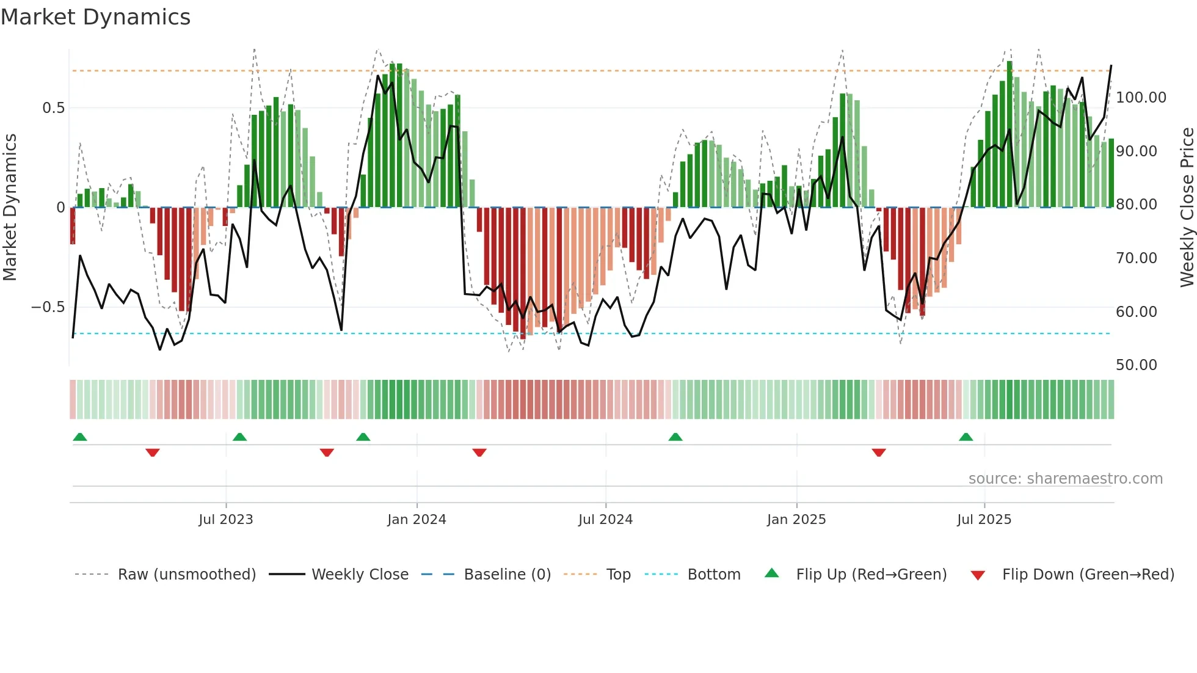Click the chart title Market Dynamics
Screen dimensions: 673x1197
tap(95, 17)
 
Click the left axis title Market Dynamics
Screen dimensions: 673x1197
tap(10, 208)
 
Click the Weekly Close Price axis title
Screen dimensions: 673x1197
tap(1187, 208)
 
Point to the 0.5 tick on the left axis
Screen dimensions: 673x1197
tap(53, 108)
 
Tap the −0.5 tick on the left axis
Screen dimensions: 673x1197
tap(48, 307)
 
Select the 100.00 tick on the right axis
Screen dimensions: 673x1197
tap(1141, 98)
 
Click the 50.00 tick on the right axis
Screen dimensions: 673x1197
tap(1136, 365)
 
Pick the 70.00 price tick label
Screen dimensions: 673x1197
tap(1136, 258)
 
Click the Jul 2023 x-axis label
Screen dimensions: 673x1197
tap(225, 520)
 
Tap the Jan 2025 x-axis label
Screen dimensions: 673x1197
tap(796, 520)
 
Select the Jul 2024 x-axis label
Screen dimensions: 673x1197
tap(605, 520)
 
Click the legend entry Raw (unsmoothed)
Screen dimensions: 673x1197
tap(186, 575)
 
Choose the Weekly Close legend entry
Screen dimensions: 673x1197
tap(360, 575)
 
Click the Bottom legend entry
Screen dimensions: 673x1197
tap(713, 575)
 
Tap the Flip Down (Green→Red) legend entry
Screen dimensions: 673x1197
tap(1088, 575)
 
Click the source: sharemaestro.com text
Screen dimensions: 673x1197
tap(1065, 479)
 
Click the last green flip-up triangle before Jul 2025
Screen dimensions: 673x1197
tap(966, 437)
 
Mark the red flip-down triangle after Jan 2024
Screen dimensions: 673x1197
tap(479, 453)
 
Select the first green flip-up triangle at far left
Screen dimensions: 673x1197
tap(80, 437)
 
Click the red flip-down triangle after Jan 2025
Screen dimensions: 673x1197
tap(879, 453)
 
